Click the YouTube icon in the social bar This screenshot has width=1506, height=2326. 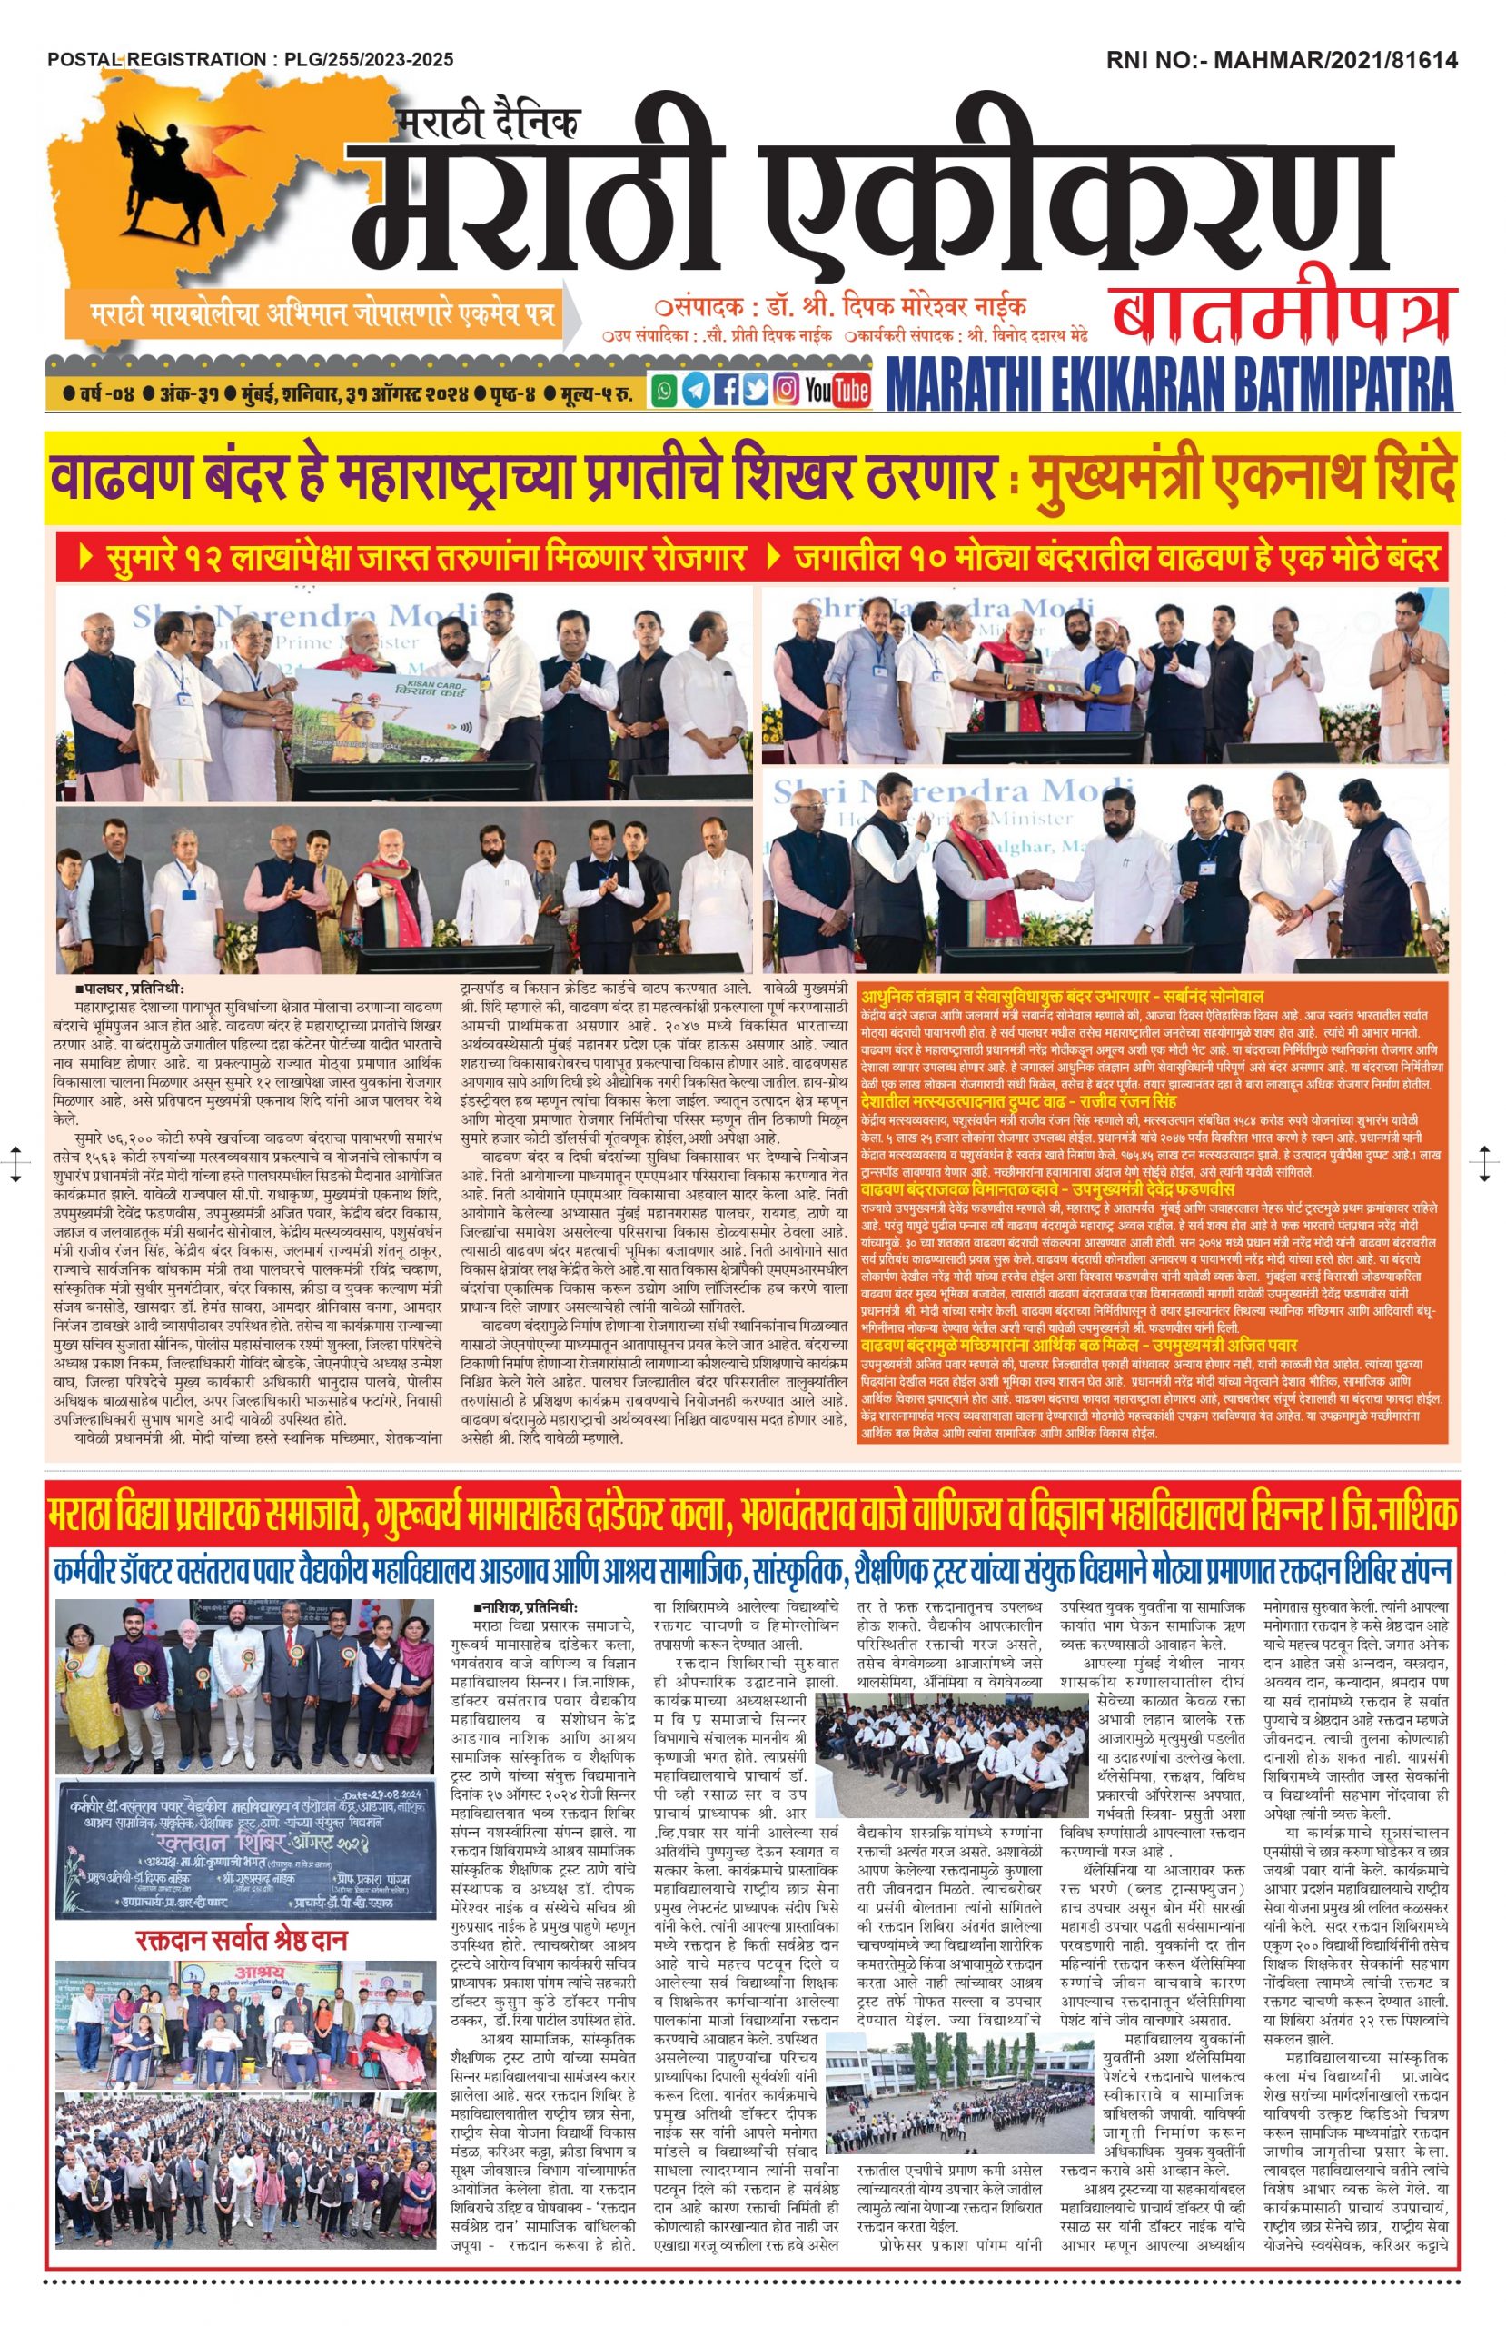(837, 391)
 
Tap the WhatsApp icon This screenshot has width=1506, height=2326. (665, 391)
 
